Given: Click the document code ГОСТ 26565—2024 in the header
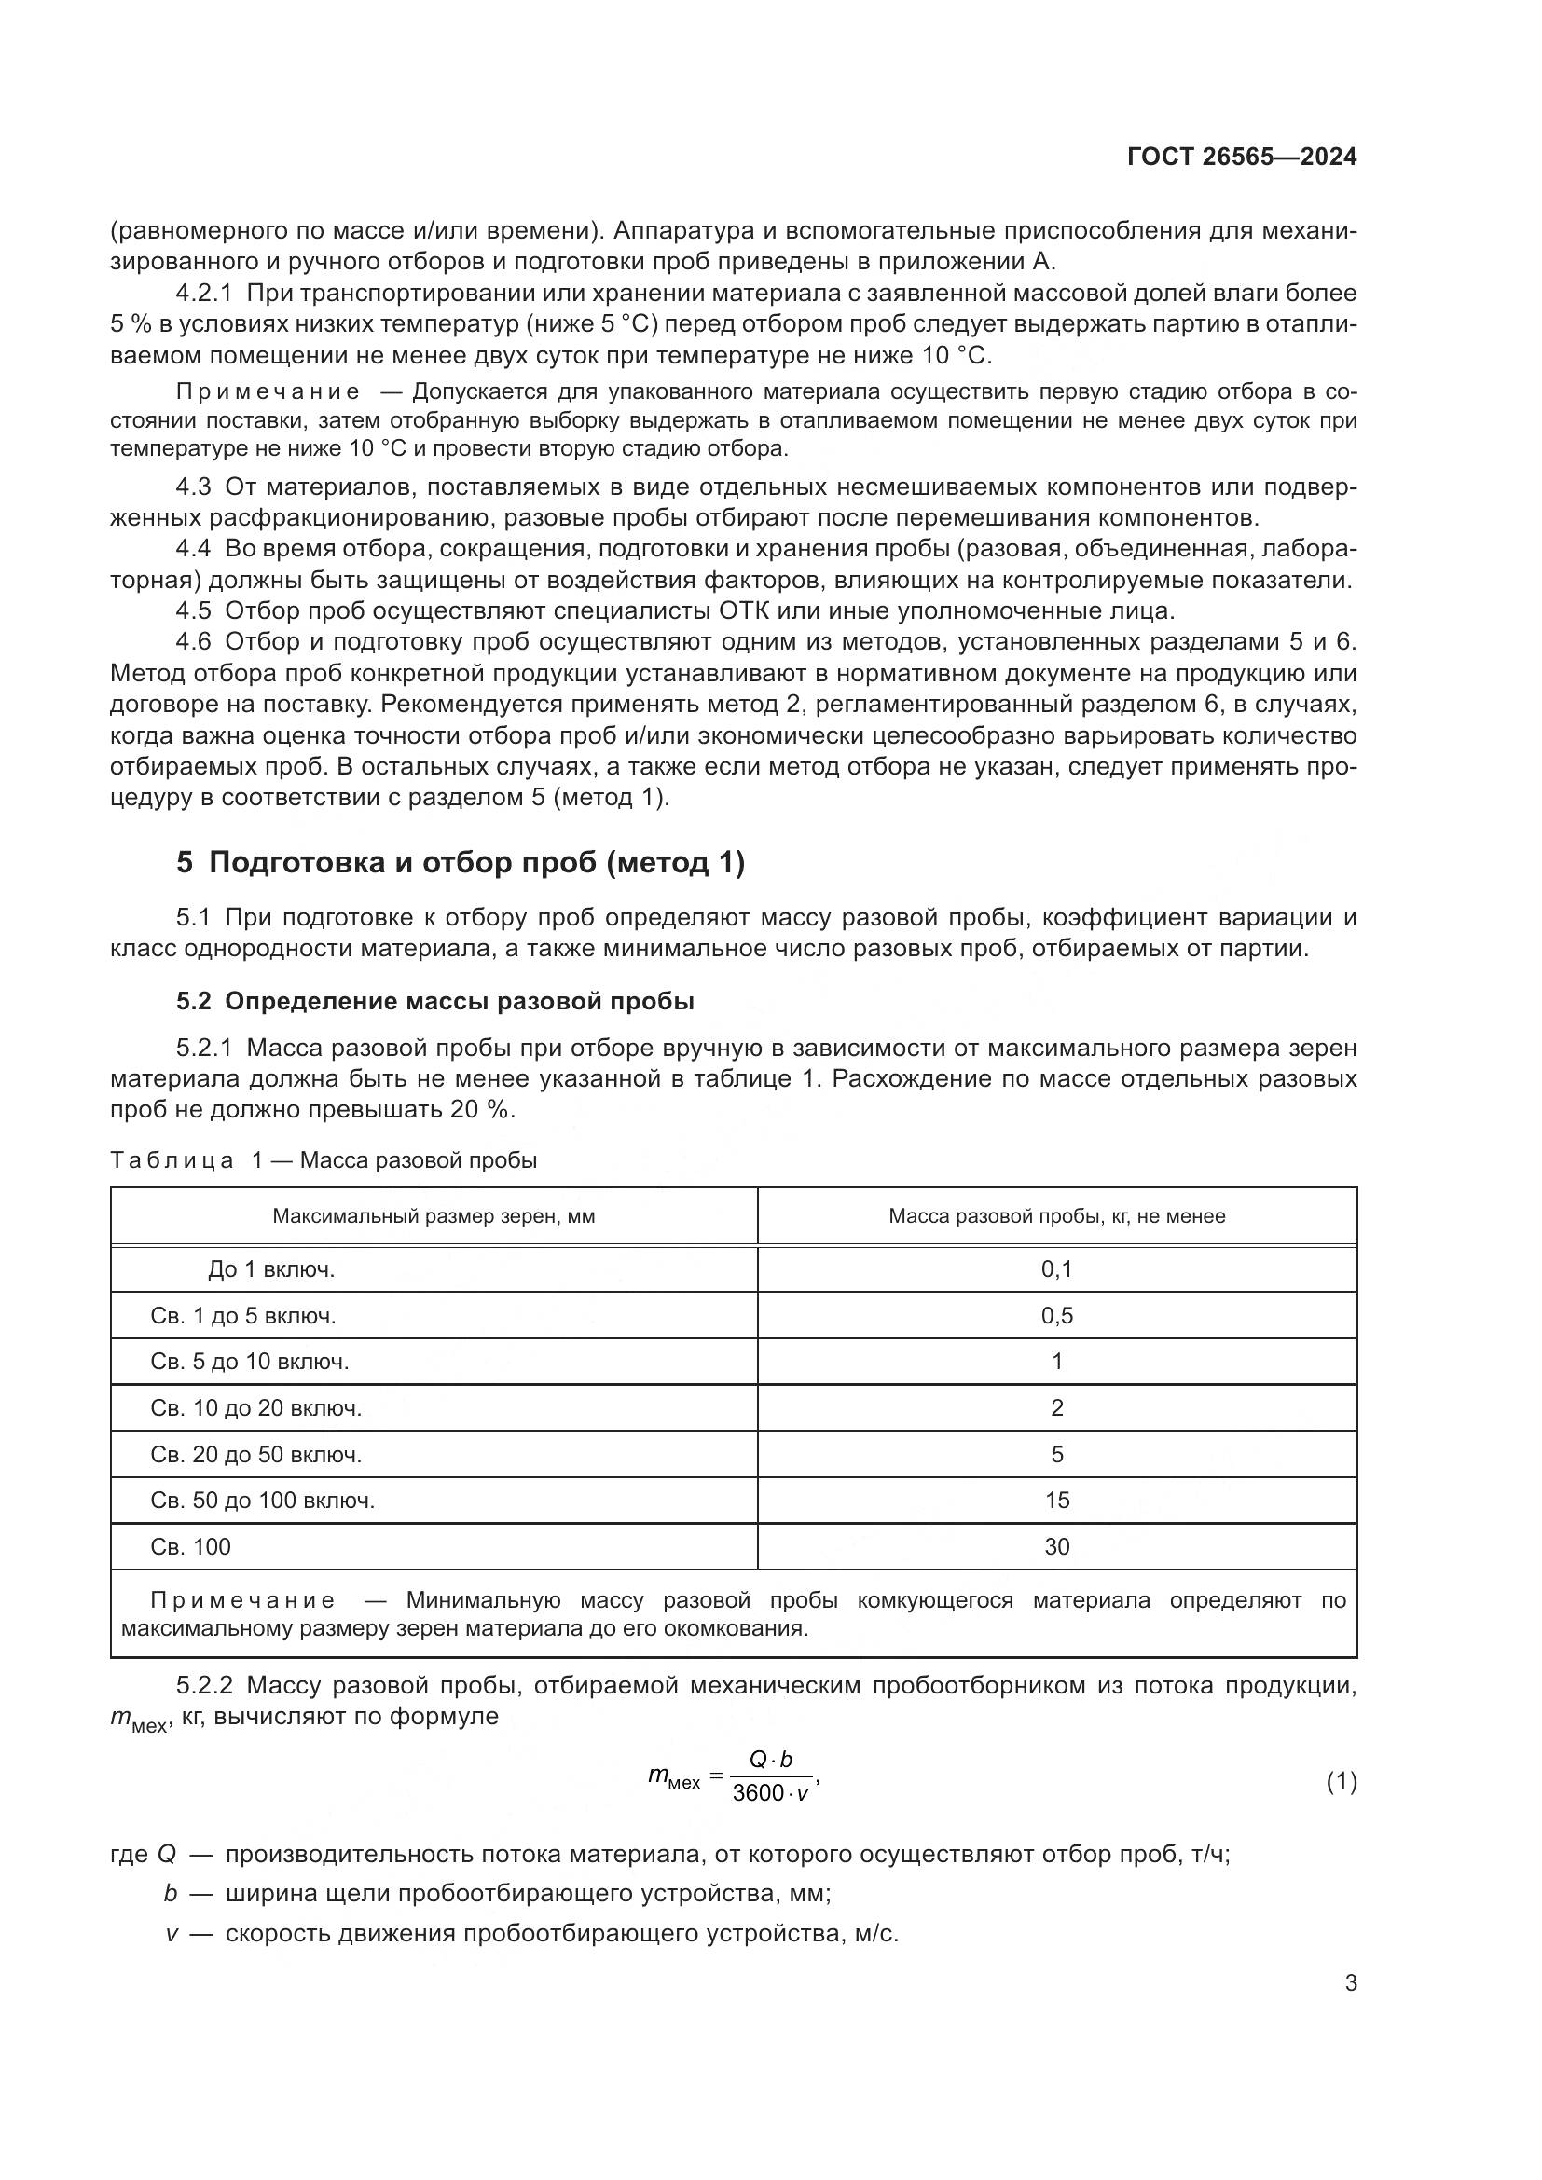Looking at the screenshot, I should click(x=1242, y=158).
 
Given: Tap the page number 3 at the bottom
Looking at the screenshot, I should click(x=1350, y=1983).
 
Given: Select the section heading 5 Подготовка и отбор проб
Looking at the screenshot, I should click(x=461, y=863).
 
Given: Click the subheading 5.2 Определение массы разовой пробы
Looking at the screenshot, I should click(x=434, y=1002).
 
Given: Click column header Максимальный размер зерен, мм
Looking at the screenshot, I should click(x=433, y=1216).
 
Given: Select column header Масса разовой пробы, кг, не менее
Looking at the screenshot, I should click(x=1056, y=1216).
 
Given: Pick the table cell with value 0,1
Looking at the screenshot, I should click(x=1056, y=1269).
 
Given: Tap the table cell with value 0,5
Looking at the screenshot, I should click(x=1056, y=1316).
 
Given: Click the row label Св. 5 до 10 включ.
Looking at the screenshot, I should click(x=249, y=1363).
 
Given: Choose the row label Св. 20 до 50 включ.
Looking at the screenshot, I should click(x=255, y=1455).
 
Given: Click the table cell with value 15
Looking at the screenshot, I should click(x=1056, y=1501).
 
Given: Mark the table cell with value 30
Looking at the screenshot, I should click(x=1056, y=1547).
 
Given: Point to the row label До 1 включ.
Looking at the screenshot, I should click(x=271, y=1269).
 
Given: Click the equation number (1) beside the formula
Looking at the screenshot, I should click(x=1341, y=1783).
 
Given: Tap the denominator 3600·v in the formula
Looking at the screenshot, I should click(x=770, y=1794).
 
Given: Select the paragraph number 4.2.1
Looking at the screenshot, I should click(x=204, y=294).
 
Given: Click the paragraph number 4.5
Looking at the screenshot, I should click(x=193, y=610).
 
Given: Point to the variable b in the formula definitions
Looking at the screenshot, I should click(x=171, y=1894).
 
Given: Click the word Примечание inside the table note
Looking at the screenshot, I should click(x=242, y=1601).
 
